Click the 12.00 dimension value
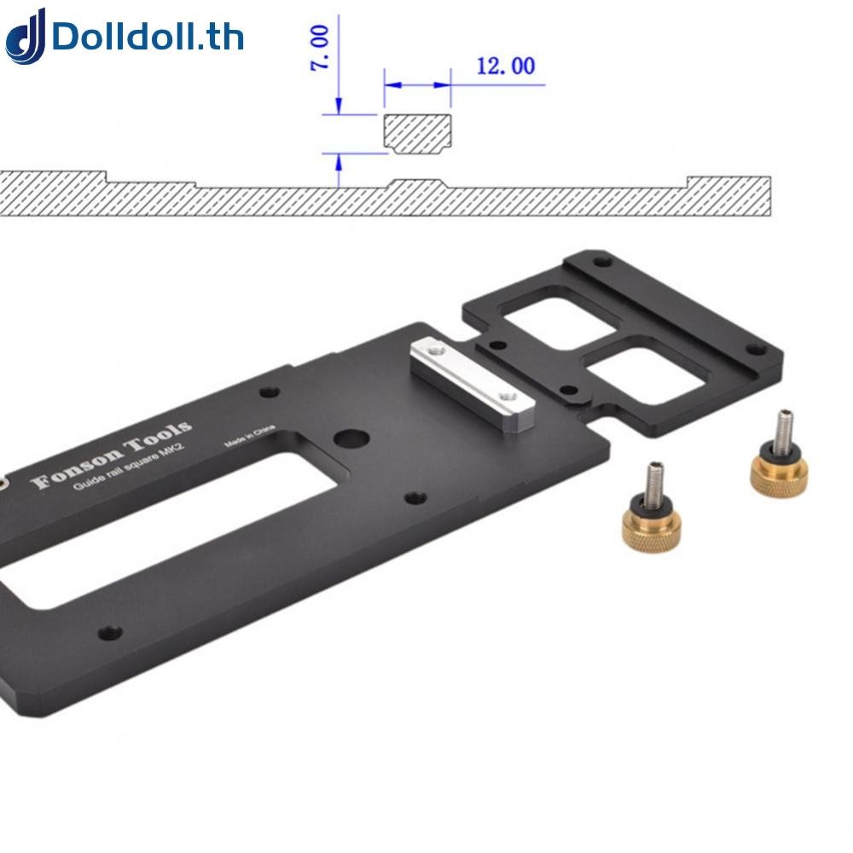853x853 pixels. [505, 66]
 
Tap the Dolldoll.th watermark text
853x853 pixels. [147, 38]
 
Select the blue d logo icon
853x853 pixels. [25, 37]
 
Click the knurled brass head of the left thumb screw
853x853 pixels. [650, 527]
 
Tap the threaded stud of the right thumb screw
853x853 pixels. [782, 426]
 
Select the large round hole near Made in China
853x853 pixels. [351, 438]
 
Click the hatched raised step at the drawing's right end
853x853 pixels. [729, 194]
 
